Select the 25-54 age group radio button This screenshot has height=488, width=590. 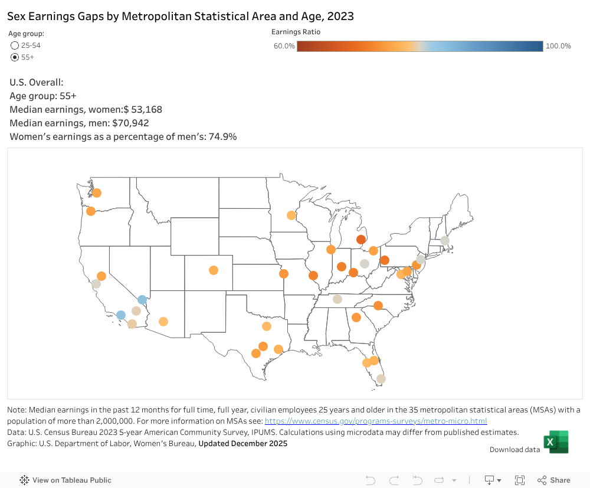[15, 45]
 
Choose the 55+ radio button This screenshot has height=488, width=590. [15, 57]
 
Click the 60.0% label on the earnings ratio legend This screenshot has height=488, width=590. [284, 46]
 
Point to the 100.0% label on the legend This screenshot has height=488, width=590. [558, 46]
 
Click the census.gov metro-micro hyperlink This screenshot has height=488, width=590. [376, 421]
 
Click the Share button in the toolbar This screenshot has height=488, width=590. [554, 480]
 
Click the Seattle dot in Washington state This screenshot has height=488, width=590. [97, 193]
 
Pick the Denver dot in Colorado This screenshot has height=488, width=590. [214, 270]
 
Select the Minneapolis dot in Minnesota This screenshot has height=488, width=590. [291, 215]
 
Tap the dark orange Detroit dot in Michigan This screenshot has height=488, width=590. [360, 240]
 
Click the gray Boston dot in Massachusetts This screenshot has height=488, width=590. [445, 241]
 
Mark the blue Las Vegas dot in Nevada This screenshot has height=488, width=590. [142, 299]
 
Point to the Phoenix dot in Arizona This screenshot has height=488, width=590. [163, 322]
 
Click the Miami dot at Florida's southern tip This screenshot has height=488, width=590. [381, 379]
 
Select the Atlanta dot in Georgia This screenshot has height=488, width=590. [356, 317]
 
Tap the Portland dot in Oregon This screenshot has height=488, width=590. [91, 211]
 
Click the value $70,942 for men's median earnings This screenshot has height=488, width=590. [130, 123]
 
